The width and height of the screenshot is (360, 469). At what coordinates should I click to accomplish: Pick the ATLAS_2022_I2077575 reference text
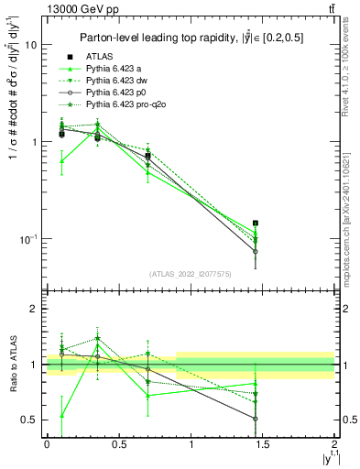(x=190, y=274)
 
